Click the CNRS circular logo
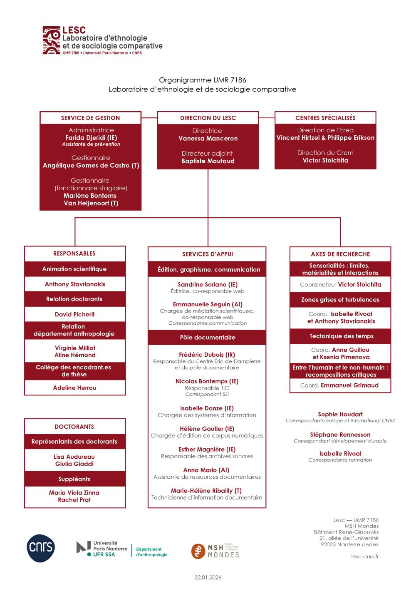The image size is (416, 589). [x=41, y=548]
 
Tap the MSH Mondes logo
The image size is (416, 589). [x=215, y=551]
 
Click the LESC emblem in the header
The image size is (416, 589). [x=52, y=40]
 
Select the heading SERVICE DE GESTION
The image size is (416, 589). [x=90, y=118]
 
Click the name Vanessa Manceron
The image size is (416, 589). [x=208, y=138]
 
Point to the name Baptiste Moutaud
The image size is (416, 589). [x=208, y=161]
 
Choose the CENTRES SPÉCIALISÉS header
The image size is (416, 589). [x=325, y=118]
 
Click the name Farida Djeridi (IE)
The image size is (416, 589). [x=91, y=138]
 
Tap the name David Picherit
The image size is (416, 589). [x=75, y=314]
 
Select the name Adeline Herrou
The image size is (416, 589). [x=75, y=388]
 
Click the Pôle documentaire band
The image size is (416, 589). [x=208, y=337]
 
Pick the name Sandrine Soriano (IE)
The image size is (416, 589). [x=208, y=284]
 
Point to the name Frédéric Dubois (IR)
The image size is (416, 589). [x=207, y=355]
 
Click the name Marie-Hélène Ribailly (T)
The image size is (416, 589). [x=206, y=491]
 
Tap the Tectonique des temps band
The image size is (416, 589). [x=341, y=336]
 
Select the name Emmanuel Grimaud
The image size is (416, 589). [x=349, y=385]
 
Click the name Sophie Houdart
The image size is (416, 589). [x=340, y=414]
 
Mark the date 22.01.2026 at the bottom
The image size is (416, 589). [x=208, y=577]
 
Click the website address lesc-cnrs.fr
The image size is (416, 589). [x=365, y=557]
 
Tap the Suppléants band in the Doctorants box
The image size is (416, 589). [x=74, y=479]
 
